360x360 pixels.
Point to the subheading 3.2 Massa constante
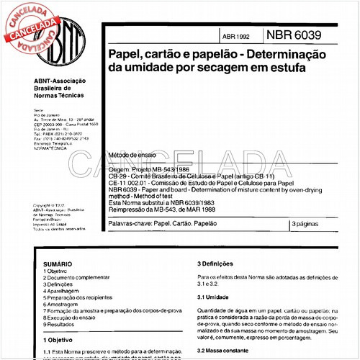226,349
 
